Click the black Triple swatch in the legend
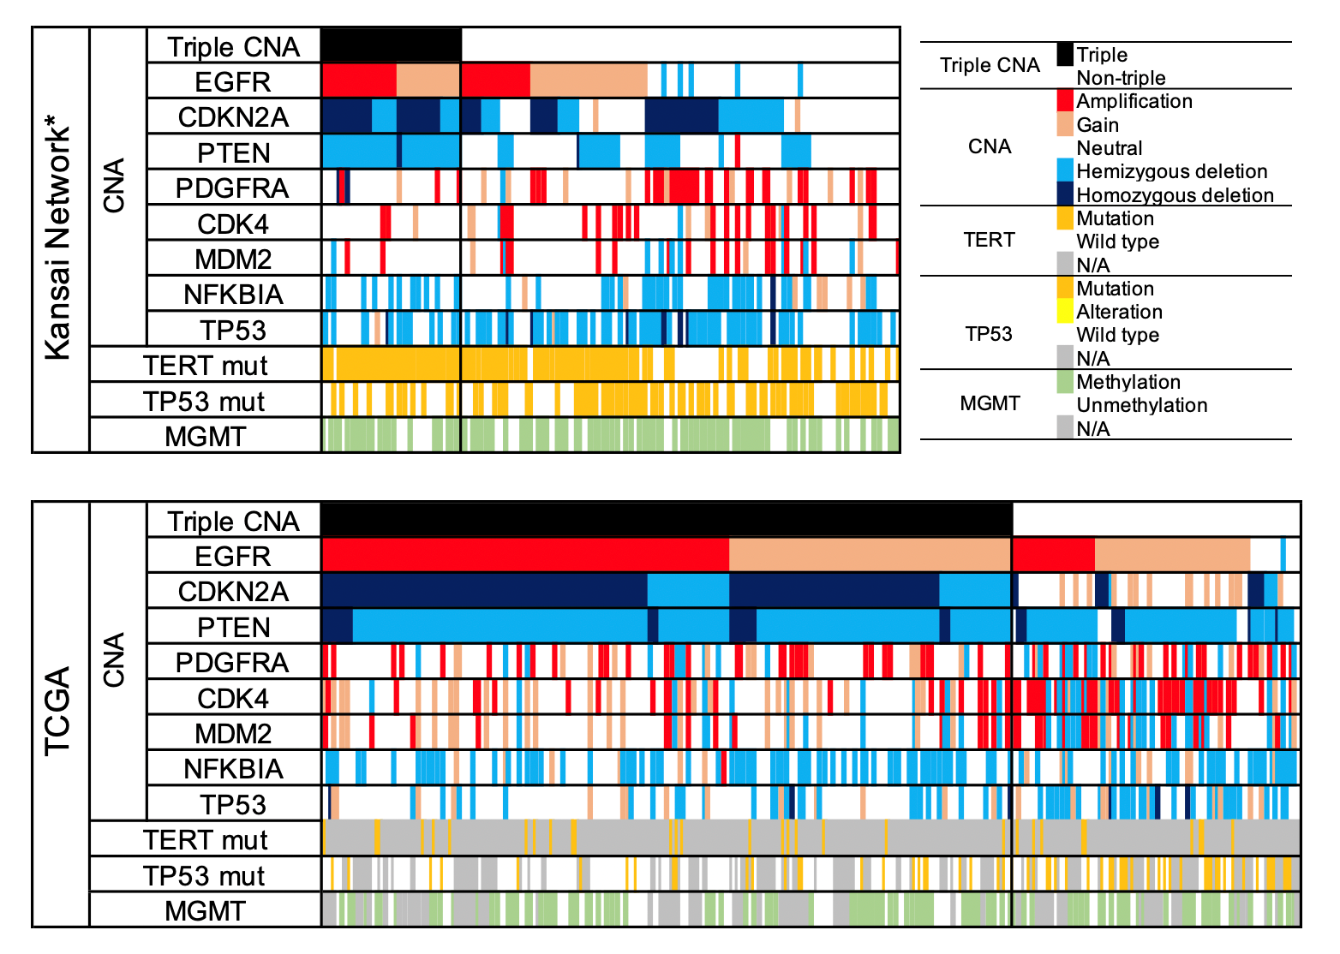[x=1064, y=54]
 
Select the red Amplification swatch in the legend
[x=1064, y=100]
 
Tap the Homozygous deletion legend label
[x=1175, y=195]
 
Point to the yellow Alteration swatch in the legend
[x=1064, y=311]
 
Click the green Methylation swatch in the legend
[x=1064, y=381]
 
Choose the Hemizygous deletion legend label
[x=1171, y=171]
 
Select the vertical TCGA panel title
[x=58, y=713]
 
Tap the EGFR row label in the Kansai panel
[x=233, y=82]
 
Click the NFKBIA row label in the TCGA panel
[x=233, y=769]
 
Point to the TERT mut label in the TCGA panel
[x=206, y=840]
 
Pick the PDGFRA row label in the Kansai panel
[x=233, y=188]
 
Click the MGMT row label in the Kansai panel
[x=206, y=437]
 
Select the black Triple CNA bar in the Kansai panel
[x=391, y=45]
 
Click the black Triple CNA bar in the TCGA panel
[x=667, y=520]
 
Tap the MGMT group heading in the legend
[x=990, y=403]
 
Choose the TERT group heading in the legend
[x=989, y=240]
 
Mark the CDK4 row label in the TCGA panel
[x=233, y=699]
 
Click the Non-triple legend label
[x=1121, y=78]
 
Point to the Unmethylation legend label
[x=1142, y=405]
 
